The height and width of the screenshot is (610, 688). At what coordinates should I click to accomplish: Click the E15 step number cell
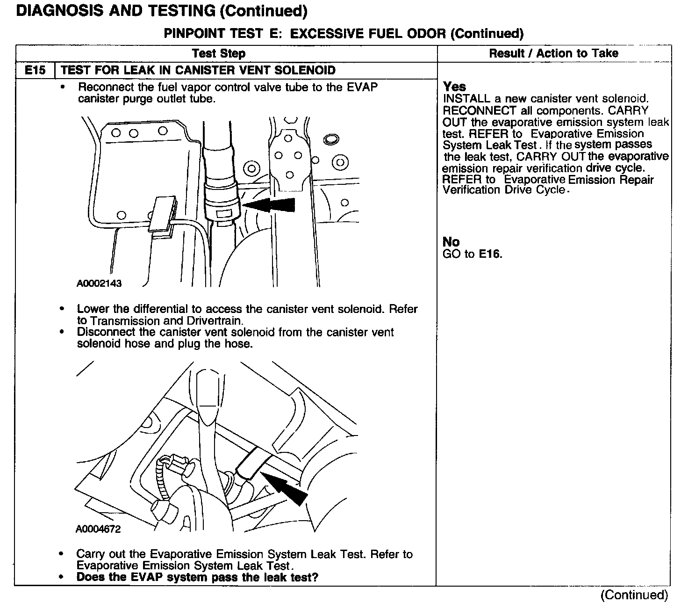click(x=35, y=70)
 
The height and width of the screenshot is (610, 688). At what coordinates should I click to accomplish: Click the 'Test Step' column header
click(x=218, y=53)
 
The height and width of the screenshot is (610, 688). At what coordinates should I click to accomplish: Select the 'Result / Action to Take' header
click(x=553, y=53)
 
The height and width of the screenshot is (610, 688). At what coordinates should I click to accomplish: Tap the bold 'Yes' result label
click(x=454, y=87)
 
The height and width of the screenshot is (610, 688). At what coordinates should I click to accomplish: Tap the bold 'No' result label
click(x=451, y=242)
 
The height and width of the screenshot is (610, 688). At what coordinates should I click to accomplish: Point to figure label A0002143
click(x=99, y=283)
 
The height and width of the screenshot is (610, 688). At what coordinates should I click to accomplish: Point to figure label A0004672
click(x=98, y=529)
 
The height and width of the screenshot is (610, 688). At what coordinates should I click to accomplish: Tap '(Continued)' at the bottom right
click(x=634, y=595)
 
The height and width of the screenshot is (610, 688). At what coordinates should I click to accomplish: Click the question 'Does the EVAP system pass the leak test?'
click(x=197, y=577)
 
